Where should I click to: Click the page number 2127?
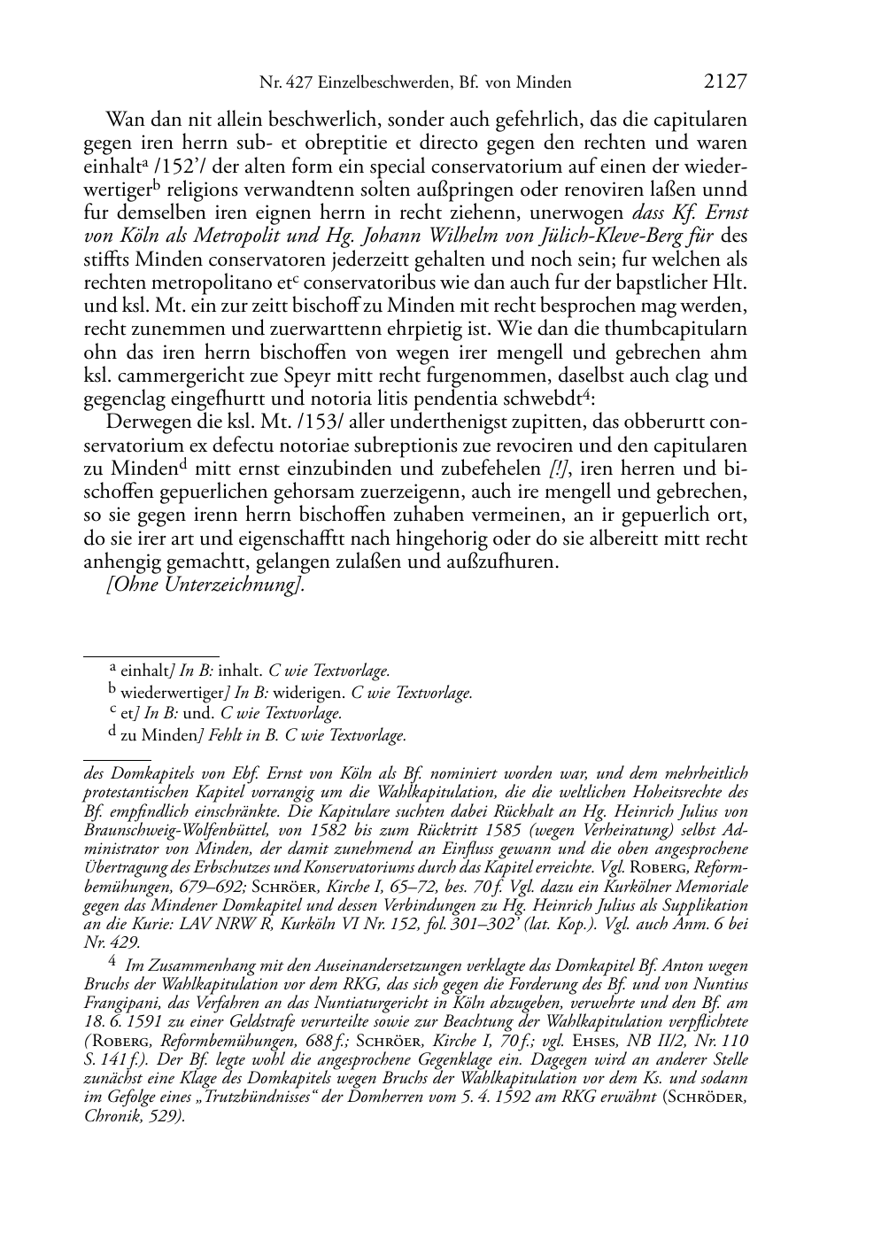click(725, 81)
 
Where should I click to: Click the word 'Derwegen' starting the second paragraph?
click(143, 423)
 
